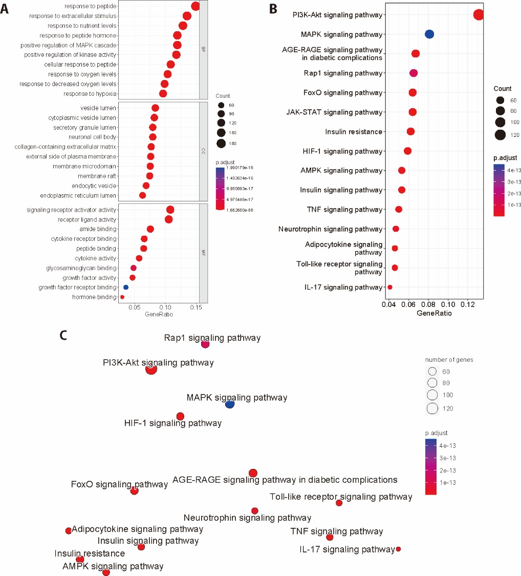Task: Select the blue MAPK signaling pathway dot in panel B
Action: coord(429,34)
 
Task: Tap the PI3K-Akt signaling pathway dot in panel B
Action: coord(479,15)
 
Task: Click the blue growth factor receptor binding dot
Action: coord(126,287)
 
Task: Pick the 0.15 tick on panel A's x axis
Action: coord(196,306)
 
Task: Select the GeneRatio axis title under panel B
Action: coord(434,314)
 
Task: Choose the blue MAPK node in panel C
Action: coord(230,404)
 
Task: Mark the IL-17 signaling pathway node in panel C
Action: coord(398,549)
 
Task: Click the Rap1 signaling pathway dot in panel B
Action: coord(414,73)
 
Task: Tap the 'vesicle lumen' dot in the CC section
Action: coord(155,108)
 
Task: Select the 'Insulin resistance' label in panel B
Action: coord(354,132)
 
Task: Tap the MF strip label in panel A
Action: coord(203,252)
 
